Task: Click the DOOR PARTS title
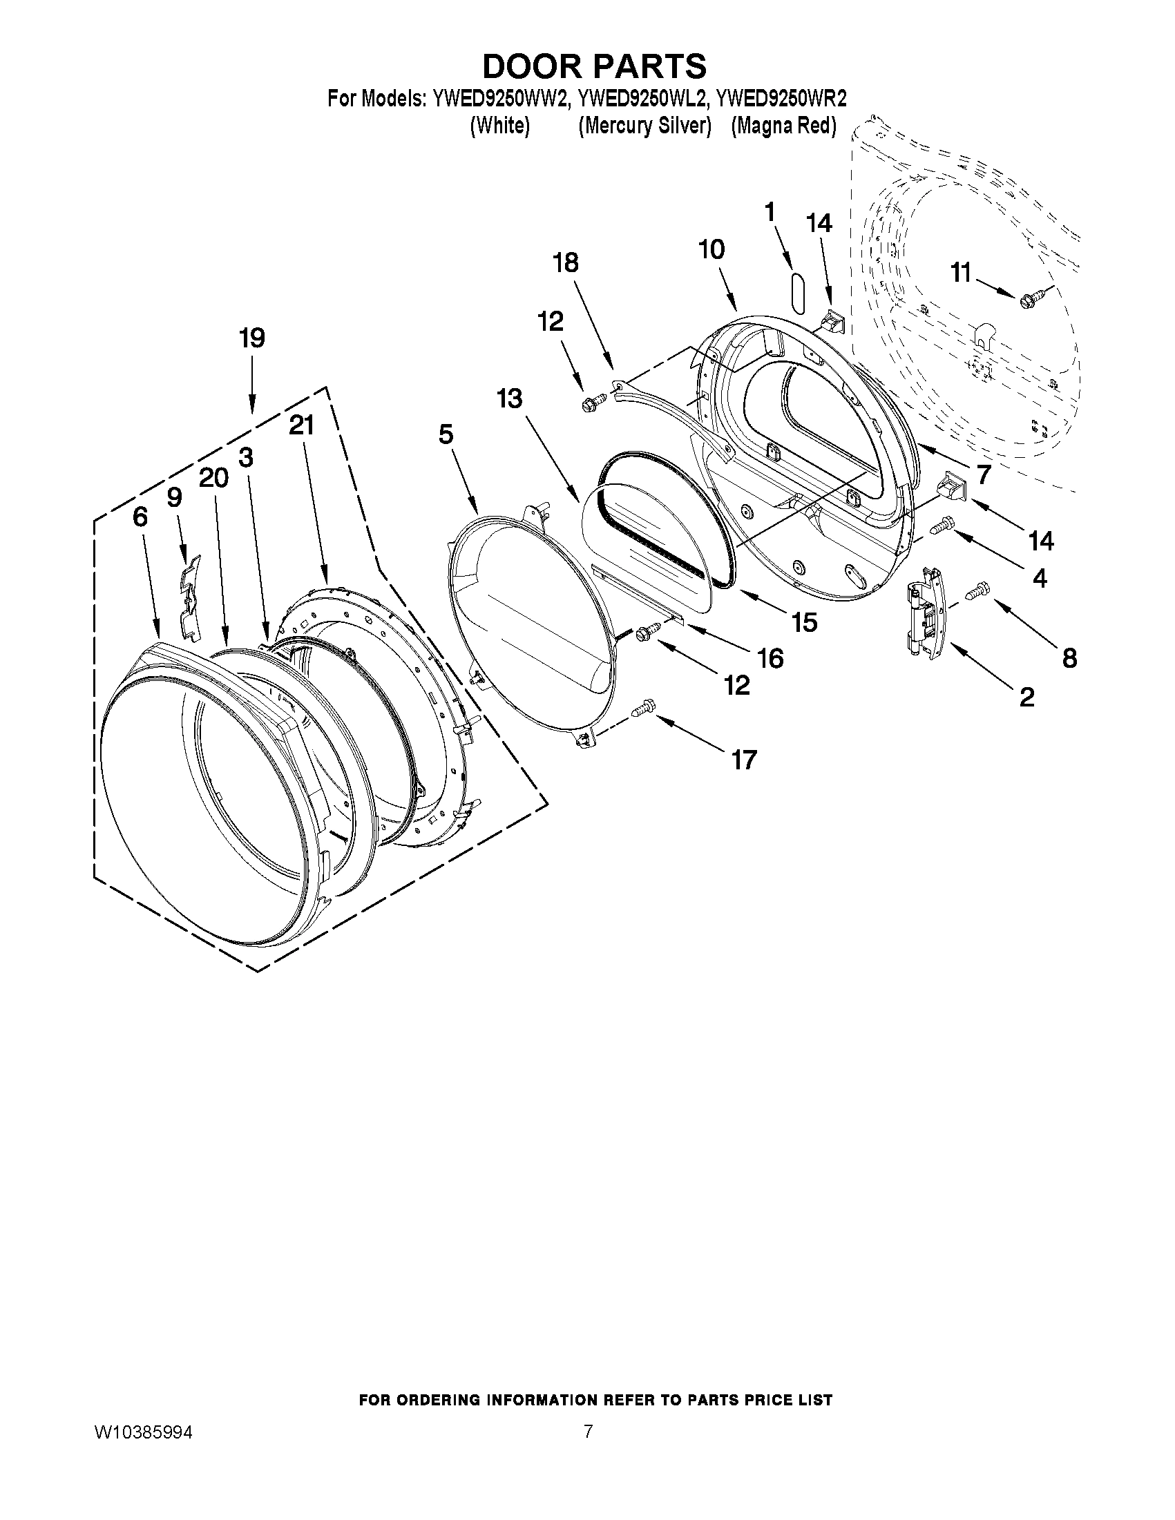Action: (594, 66)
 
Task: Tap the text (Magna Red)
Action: (783, 126)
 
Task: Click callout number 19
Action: (251, 338)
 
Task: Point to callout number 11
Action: (961, 273)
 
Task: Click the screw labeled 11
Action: (1028, 299)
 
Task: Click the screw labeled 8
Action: (978, 591)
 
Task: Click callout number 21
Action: (301, 425)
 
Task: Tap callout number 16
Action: (770, 657)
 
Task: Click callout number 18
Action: (565, 263)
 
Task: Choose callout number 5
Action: (446, 434)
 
